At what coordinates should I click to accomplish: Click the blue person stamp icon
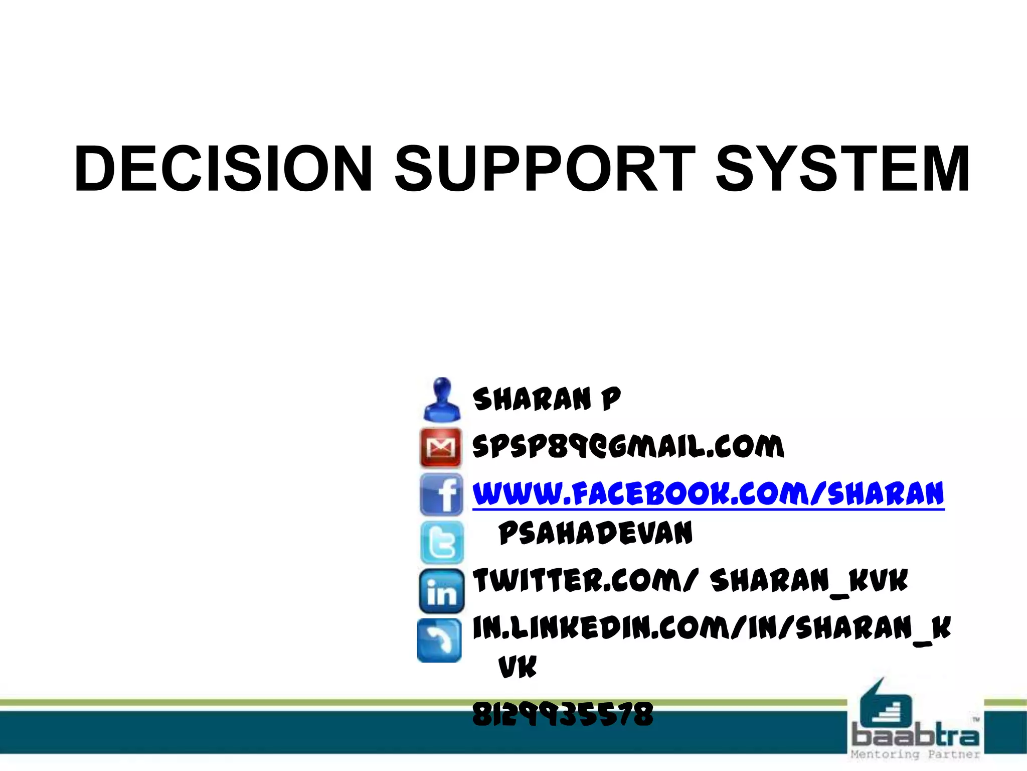441,400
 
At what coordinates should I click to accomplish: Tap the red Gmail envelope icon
441,447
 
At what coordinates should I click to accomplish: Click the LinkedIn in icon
441,591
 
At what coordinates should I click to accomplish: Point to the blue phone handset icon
440,640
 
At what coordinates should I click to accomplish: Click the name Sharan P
547,400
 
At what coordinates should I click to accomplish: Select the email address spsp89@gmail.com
628,446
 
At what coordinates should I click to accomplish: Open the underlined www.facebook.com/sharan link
708,494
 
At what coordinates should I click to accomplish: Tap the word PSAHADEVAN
596,533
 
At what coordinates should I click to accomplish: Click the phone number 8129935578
563,714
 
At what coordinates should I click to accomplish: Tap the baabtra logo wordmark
915,736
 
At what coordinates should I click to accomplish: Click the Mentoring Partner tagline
915,754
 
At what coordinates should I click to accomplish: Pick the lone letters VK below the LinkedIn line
518,667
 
